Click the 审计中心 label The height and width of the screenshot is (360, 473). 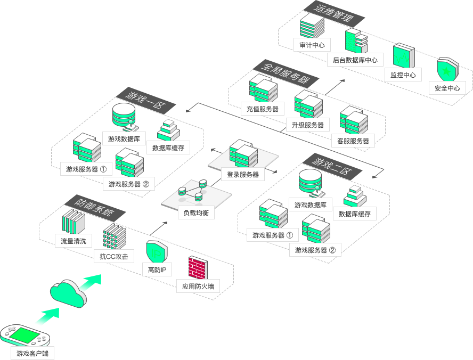(x=312, y=45)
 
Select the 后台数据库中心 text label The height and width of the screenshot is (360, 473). (x=355, y=60)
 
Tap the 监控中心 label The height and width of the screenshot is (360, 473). (x=403, y=75)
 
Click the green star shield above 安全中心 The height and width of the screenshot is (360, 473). (x=446, y=70)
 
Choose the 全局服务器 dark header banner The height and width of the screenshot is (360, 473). (x=286, y=73)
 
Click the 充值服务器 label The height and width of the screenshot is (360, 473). (x=262, y=109)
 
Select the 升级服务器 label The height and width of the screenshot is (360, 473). (x=308, y=125)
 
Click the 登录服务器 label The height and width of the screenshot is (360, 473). (x=243, y=175)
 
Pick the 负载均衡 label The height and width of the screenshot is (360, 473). (x=196, y=213)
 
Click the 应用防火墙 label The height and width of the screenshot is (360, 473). (x=198, y=287)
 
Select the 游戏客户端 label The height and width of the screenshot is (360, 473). (x=32, y=353)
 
